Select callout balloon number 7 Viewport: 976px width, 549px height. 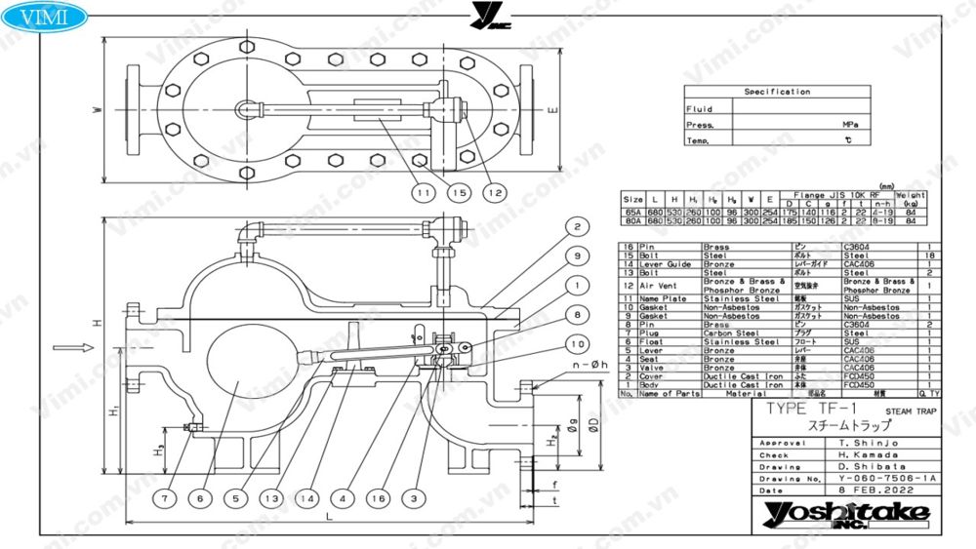[166, 497]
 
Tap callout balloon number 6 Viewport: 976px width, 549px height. [200, 497]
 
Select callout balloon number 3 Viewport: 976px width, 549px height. [414, 497]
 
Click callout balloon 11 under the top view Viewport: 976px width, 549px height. [421, 193]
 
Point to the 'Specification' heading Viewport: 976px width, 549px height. [777, 92]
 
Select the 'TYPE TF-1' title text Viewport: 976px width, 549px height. [803, 410]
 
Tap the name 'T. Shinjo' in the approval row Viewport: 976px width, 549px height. [848, 443]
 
